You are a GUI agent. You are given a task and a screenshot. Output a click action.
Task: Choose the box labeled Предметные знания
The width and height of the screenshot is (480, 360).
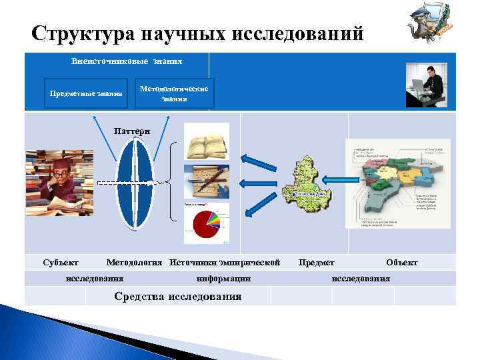(x=86, y=93)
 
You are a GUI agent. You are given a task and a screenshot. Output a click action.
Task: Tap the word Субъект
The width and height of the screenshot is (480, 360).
(x=60, y=262)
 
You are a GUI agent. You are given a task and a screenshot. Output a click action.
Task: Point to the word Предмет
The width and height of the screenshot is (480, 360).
(x=316, y=262)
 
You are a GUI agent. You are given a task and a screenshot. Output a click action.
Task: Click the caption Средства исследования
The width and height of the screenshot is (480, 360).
(x=178, y=296)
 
